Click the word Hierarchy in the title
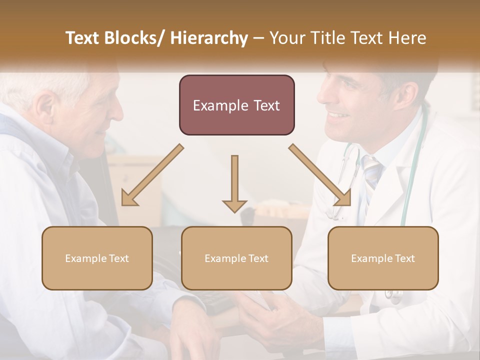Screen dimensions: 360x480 click(x=209, y=38)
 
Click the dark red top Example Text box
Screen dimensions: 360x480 click(x=236, y=105)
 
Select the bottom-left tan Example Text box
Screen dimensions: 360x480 click(x=97, y=258)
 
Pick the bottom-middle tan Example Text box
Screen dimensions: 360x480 click(x=236, y=258)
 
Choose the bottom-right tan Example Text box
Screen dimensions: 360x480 click(x=383, y=258)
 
